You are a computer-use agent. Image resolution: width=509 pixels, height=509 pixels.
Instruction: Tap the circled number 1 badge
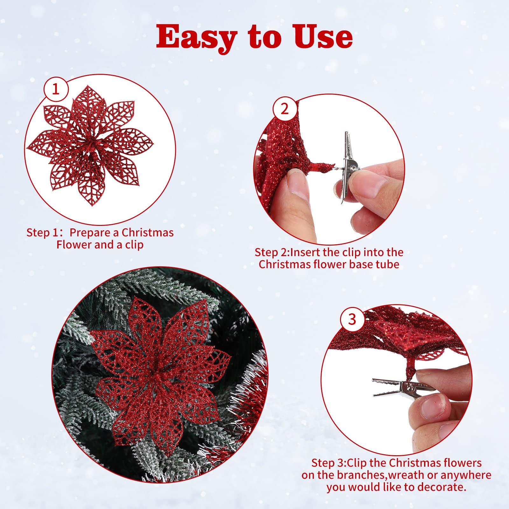56,89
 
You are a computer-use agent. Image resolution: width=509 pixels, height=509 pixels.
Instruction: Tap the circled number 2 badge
285,109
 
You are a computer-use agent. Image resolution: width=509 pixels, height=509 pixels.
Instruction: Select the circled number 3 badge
352,319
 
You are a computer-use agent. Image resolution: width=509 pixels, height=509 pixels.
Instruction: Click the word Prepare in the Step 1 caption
90,233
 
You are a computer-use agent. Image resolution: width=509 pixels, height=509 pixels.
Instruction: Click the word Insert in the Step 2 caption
305,252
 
